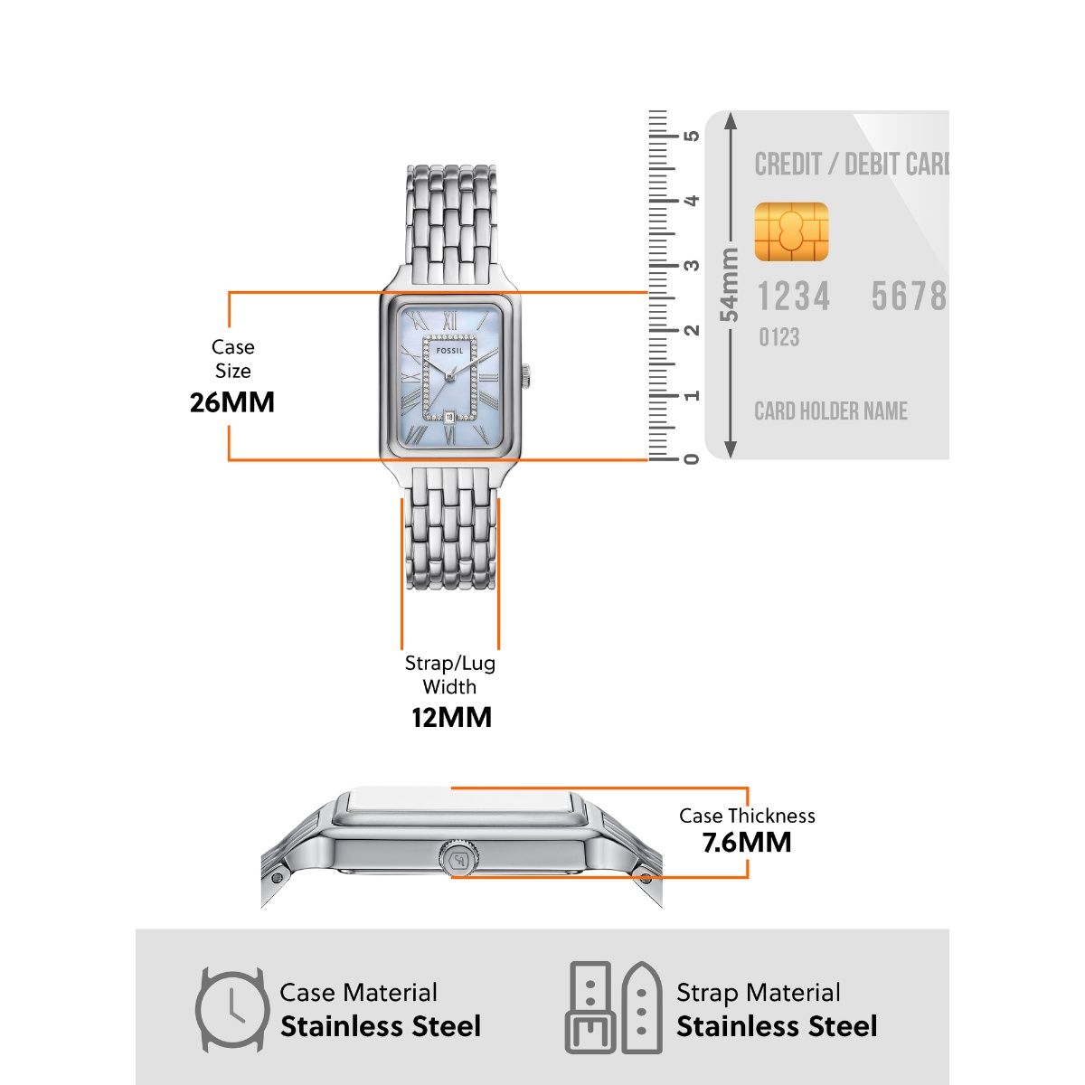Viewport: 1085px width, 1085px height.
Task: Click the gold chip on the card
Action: click(791, 232)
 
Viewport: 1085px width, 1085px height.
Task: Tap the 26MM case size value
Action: click(232, 401)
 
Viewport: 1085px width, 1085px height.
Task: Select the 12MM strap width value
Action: click(451, 718)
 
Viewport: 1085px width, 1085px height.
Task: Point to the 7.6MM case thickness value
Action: click(746, 843)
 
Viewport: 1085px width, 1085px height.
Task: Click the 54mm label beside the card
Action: click(729, 285)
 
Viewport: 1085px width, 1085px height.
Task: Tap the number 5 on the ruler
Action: click(692, 137)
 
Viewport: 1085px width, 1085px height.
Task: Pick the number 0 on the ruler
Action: click(692, 458)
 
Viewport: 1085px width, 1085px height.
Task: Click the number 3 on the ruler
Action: click(692, 266)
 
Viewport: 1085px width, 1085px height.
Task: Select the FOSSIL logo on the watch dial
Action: click(449, 350)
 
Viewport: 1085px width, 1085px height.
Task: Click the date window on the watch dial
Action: click(449, 417)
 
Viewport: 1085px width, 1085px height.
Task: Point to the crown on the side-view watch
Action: click(459, 858)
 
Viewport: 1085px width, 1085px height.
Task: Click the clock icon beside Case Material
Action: click(232, 1009)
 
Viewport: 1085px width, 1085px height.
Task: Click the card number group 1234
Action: click(793, 297)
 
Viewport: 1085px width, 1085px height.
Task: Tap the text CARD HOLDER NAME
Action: click(831, 411)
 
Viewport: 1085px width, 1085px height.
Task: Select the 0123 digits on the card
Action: click(778, 338)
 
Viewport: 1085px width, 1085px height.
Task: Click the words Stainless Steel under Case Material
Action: click(381, 1027)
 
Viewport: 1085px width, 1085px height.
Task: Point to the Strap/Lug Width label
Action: click(450, 675)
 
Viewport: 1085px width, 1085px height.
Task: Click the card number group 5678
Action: click(908, 297)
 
